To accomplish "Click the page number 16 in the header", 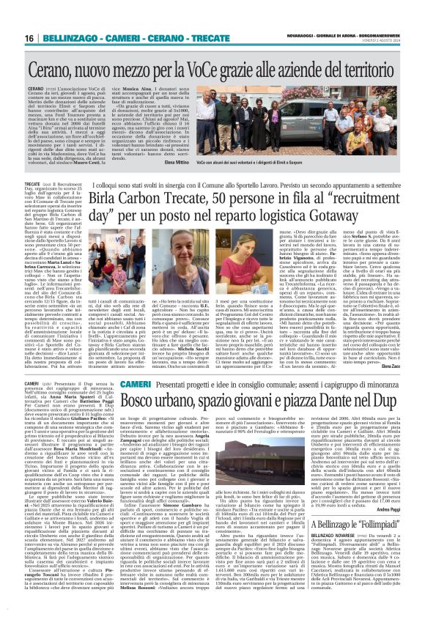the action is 13,16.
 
